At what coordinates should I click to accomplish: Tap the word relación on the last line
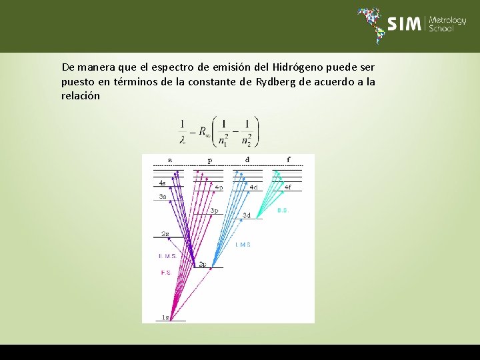pos(81,96)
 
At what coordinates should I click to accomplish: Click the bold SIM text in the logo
pos(405,24)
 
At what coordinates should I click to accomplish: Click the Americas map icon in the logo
pos(371,24)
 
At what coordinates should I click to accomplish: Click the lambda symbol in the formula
pos(183,139)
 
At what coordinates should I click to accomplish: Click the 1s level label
pos(165,317)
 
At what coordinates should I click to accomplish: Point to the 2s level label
pos(165,234)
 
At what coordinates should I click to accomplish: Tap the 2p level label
pos(202,264)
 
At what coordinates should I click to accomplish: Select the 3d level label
pos(246,215)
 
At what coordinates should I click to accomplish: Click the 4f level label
pos(288,188)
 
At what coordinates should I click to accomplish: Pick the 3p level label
pos(214,211)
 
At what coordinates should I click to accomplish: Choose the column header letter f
pos(288,159)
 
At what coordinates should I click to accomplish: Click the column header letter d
pos(247,159)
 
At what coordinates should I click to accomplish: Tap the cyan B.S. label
pos(283,210)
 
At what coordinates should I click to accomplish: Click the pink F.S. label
pos(166,273)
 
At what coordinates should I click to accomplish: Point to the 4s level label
pos(162,183)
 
